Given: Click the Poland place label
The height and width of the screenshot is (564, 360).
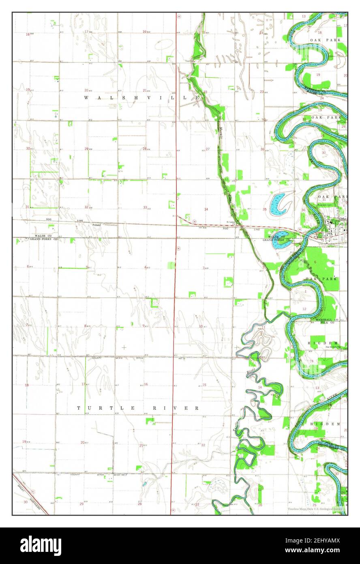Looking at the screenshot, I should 96,224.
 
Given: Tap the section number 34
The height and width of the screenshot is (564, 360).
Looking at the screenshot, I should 206,209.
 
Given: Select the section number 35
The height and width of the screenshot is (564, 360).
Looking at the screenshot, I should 264,209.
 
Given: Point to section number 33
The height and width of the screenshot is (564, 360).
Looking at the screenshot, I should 145,207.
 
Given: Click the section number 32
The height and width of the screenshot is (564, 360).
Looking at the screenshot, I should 86,207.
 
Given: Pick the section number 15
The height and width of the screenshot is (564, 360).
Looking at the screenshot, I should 205,385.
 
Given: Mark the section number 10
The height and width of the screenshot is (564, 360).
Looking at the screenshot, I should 201,326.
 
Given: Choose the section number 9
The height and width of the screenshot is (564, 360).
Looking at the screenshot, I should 144,326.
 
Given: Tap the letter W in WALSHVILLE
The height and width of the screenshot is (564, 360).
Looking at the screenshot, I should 86,98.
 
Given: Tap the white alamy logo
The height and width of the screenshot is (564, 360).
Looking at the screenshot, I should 41,546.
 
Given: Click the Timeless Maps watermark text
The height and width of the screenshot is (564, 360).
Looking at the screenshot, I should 315,509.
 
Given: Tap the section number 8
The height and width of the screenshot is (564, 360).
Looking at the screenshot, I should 85,326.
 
